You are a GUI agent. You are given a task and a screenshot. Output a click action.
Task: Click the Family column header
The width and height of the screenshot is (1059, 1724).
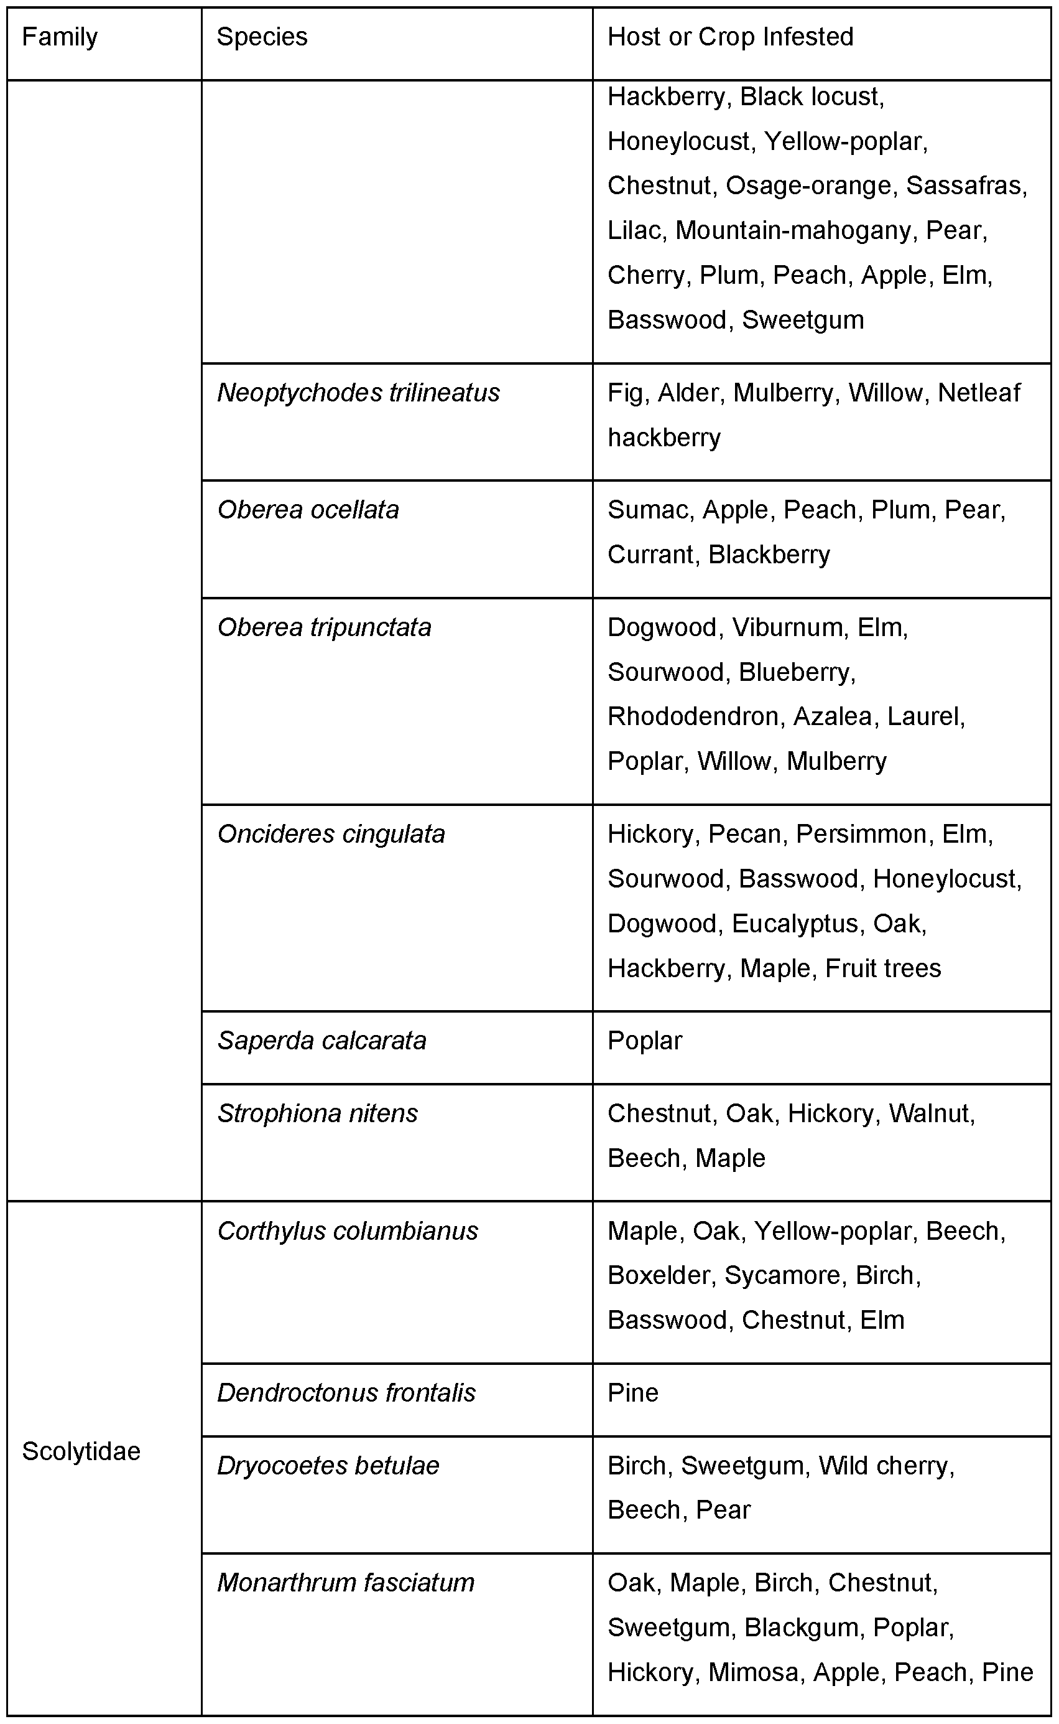60,37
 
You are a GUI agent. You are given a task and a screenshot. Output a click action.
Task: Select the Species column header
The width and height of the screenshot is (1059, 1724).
262,37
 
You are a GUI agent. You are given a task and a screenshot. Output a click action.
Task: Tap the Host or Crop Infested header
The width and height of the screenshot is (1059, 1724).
730,37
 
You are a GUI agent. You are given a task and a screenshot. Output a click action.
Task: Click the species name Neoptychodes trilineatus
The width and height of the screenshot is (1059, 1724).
359,393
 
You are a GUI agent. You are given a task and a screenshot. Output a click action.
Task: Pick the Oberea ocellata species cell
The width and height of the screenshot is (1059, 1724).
308,510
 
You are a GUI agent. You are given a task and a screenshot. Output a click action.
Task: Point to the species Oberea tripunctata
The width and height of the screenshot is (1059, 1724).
324,628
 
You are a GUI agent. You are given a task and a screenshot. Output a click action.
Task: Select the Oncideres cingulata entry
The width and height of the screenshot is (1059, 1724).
331,835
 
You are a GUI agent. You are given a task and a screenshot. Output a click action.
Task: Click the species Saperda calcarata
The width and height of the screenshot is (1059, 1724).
321,1041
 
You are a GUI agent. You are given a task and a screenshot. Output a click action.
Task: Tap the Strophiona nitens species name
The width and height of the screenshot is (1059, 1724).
317,1113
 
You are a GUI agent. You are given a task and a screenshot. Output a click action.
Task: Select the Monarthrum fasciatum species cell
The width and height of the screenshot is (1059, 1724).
346,1583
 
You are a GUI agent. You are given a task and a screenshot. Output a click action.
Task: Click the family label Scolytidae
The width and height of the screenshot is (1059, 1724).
81,1451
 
